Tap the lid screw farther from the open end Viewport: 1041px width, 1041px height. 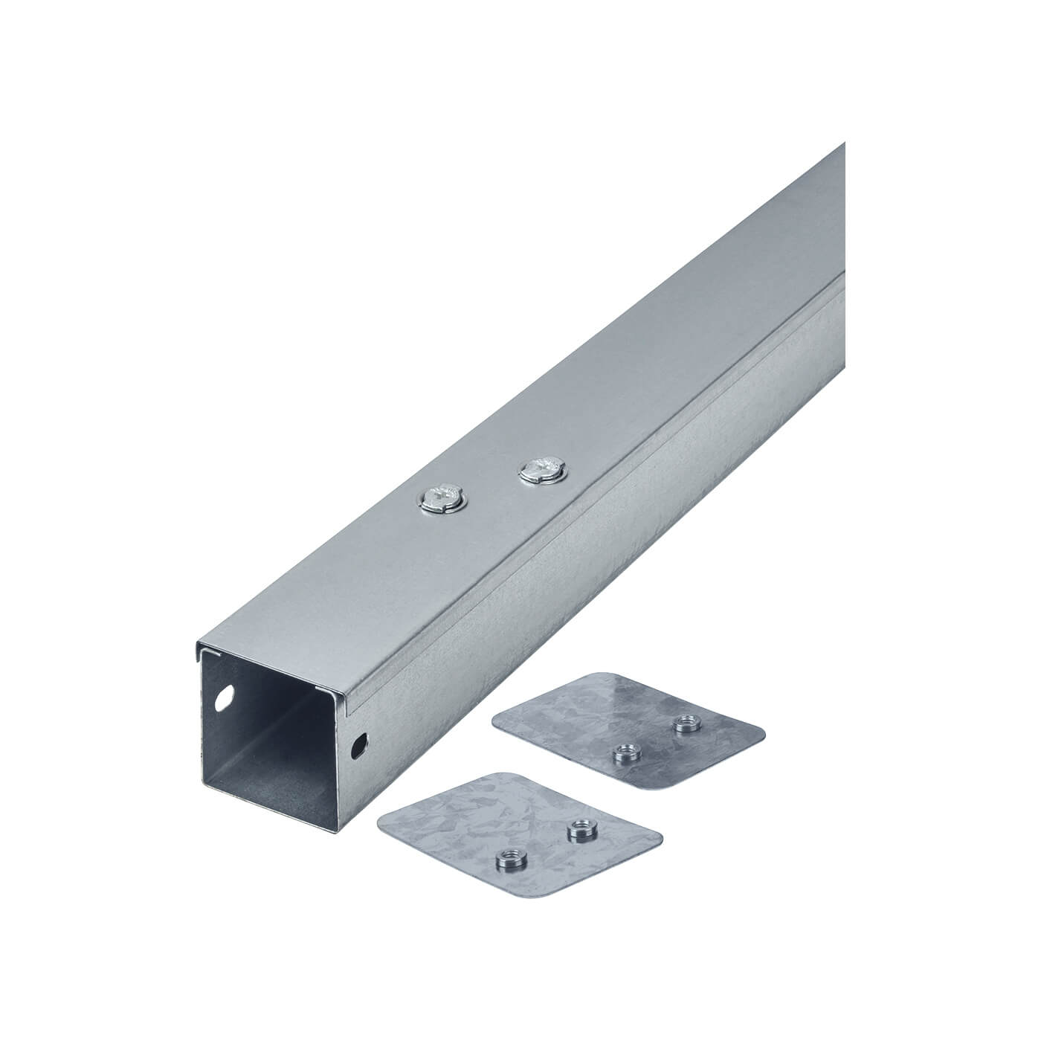pos(541,470)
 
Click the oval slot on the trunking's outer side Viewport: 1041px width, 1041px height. pos(362,743)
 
